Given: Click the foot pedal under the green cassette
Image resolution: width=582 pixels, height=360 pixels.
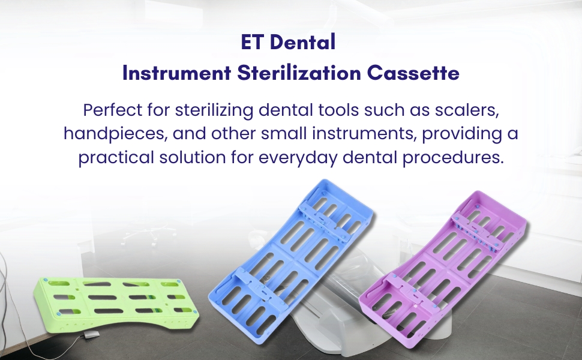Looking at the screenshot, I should click(95, 335).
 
